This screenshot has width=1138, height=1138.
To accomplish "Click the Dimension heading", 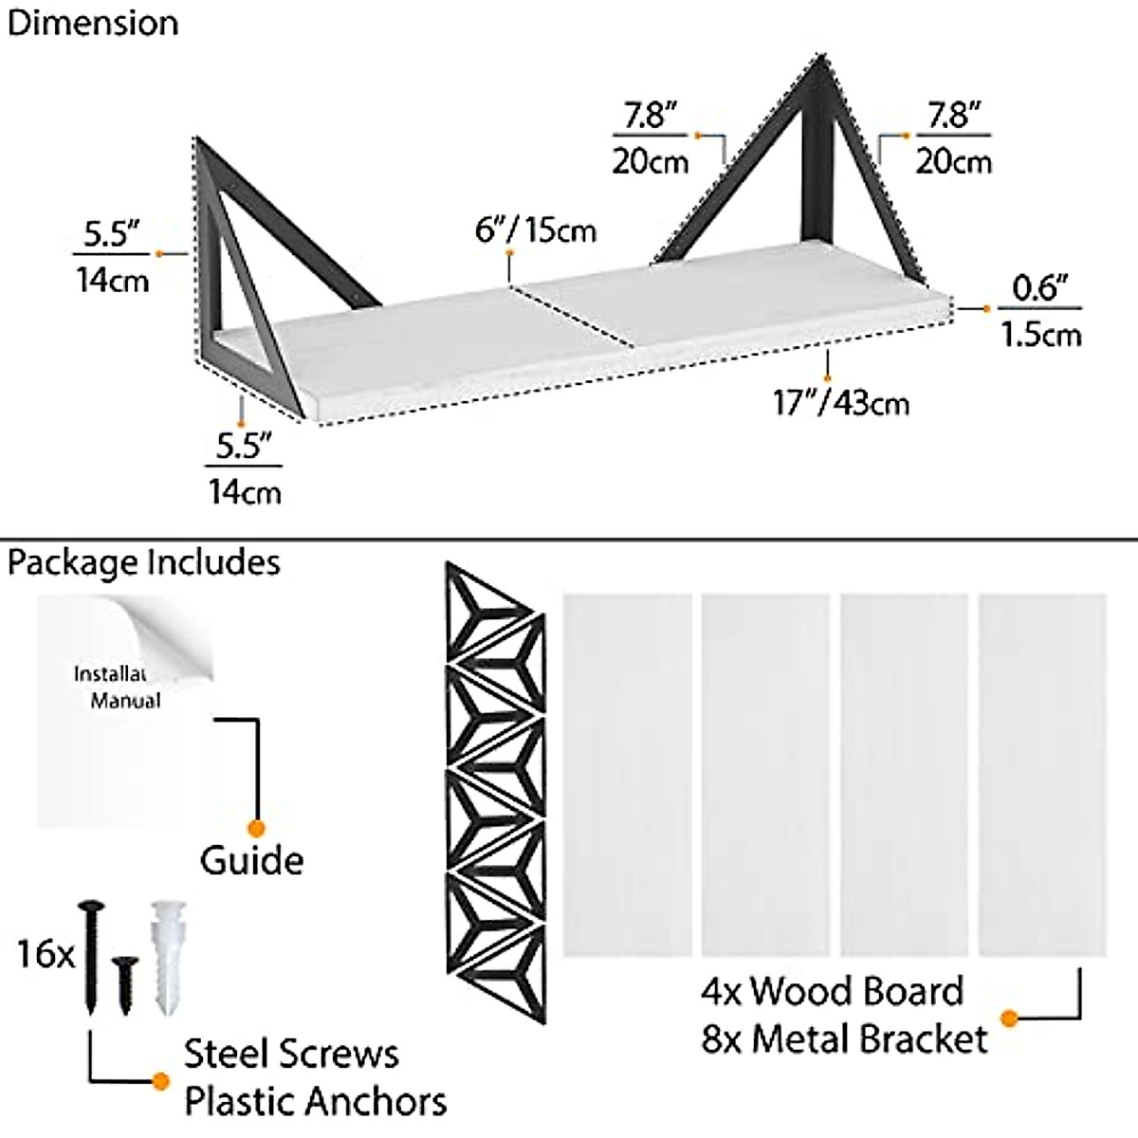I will pos(92,23).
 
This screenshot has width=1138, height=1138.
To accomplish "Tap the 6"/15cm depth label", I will pos(537,229).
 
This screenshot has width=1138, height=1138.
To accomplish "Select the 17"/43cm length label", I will pos(841,402).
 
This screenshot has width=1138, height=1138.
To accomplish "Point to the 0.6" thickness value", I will pos(1040,287).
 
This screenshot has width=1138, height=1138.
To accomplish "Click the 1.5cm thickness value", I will pos(1040,334).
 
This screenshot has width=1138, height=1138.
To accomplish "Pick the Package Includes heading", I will pos(144,562).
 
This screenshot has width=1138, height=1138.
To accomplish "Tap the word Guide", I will pos(251,860).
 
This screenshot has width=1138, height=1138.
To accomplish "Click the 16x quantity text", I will pos(45,953).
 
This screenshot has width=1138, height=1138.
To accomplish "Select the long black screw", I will pos(92,953).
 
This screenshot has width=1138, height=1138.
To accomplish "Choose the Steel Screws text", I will pos(291,1054).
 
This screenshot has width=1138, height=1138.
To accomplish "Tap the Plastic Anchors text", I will pos(315,1102).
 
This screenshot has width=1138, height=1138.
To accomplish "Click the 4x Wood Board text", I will pos(832,991).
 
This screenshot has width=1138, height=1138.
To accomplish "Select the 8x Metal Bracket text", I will pos(844,1038).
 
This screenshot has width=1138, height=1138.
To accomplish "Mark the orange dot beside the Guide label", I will pos(253,826).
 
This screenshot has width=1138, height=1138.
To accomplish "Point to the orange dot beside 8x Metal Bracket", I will pos(1009,1019).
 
